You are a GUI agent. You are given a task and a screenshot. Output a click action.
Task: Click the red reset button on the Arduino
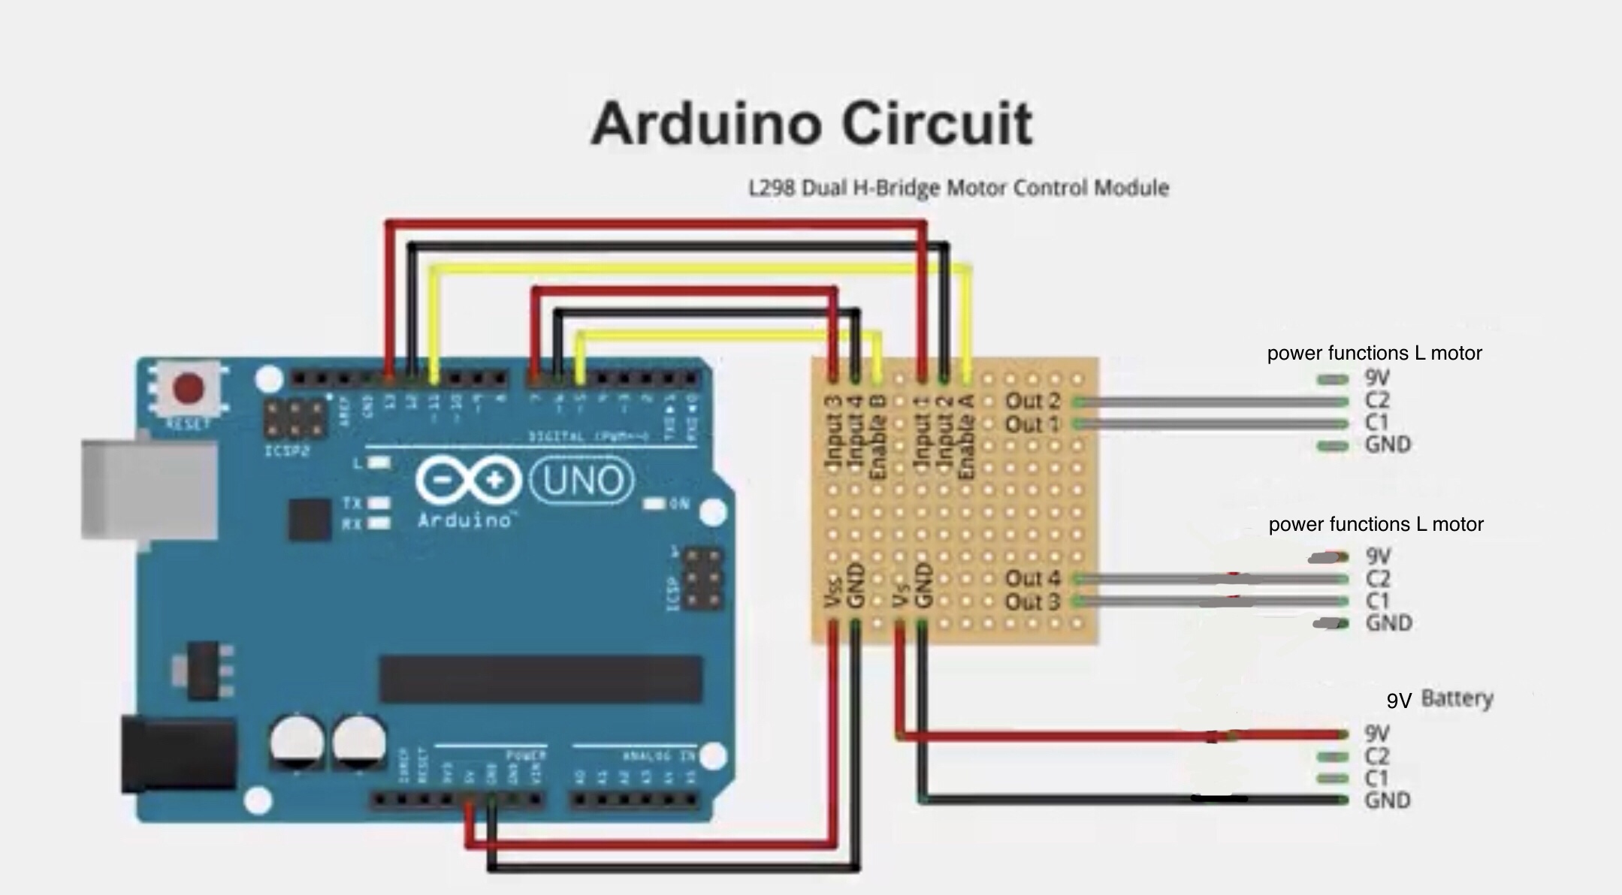(x=188, y=388)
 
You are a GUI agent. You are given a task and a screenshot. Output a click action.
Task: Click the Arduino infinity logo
(x=468, y=481)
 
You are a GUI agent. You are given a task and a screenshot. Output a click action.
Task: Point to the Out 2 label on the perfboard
(x=1032, y=401)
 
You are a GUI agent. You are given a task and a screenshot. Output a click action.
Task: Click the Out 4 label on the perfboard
(x=1032, y=579)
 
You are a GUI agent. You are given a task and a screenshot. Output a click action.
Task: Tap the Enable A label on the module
(x=968, y=437)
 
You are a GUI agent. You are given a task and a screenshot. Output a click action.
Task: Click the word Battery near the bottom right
(x=1457, y=699)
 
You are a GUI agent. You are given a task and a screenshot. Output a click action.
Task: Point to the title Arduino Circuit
(x=811, y=124)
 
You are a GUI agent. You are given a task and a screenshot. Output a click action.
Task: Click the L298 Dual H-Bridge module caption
(x=959, y=188)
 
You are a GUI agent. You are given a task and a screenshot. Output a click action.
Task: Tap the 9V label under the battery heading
(x=1376, y=734)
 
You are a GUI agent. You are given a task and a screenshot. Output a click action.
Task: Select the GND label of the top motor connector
(x=1388, y=445)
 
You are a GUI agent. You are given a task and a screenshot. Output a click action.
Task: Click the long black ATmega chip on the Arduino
(x=540, y=679)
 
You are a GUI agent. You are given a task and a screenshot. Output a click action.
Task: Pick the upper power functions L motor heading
(x=1374, y=353)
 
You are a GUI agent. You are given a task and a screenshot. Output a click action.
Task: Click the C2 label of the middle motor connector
(x=1377, y=579)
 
